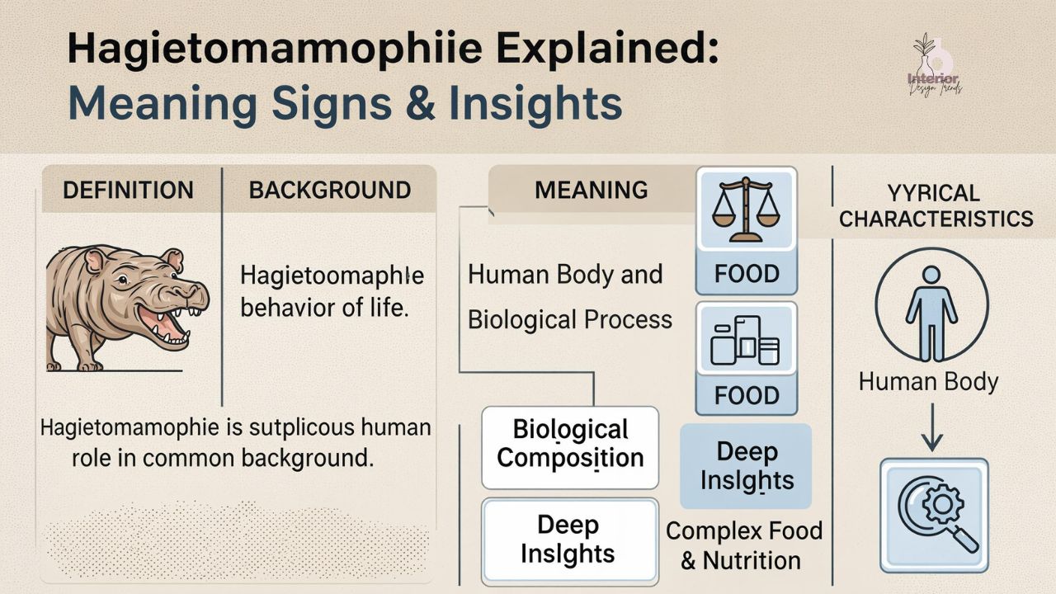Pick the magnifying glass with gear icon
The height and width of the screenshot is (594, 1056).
933,515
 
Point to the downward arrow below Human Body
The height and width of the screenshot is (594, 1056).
931,427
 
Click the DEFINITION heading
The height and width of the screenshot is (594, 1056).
128,191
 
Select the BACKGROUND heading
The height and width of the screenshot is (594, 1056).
330,191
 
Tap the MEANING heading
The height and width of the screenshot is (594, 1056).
592,191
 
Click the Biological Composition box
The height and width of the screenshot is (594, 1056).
570,444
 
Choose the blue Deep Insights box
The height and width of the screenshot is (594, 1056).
746,466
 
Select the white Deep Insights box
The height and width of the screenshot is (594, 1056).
568,539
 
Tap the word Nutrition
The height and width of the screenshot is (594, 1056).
752,560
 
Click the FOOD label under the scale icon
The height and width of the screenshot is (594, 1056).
747,274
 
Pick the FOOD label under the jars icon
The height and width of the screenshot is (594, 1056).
747,396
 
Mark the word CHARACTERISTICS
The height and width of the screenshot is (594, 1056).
936,219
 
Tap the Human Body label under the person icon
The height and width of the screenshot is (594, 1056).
928,382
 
